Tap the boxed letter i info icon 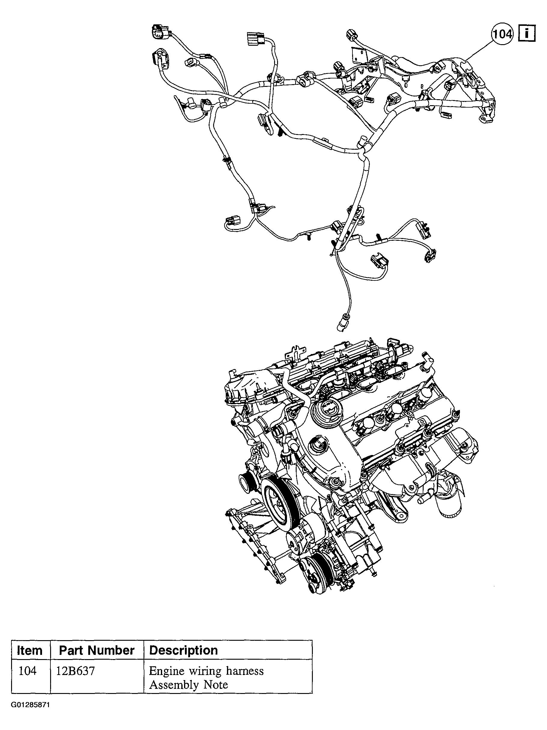(x=527, y=34)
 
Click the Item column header (x=30, y=650)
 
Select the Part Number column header (x=97, y=650)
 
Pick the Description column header (x=183, y=650)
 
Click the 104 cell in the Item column (x=27, y=670)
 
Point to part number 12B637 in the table (x=75, y=670)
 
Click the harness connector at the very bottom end (x=340, y=326)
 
